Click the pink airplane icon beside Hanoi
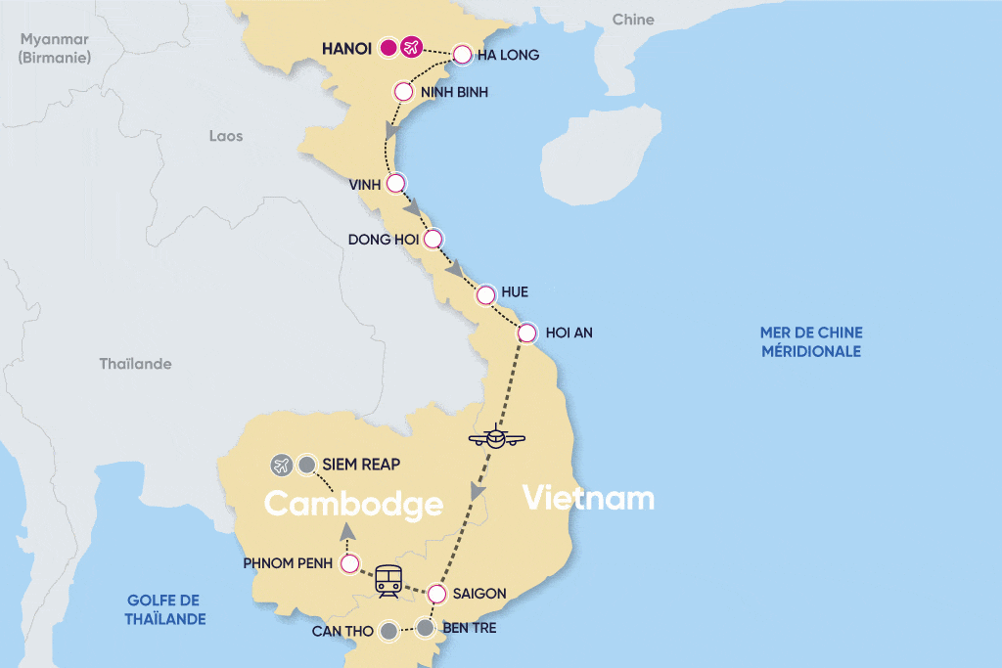411,47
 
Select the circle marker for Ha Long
462,55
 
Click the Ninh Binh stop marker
402,92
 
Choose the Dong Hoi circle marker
432,238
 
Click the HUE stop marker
485,293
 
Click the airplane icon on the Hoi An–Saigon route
496,437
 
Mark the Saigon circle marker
437,593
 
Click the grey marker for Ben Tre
425,628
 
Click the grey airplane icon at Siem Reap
282,465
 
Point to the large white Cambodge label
353,505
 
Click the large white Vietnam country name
588,499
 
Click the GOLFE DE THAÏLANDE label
166,609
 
